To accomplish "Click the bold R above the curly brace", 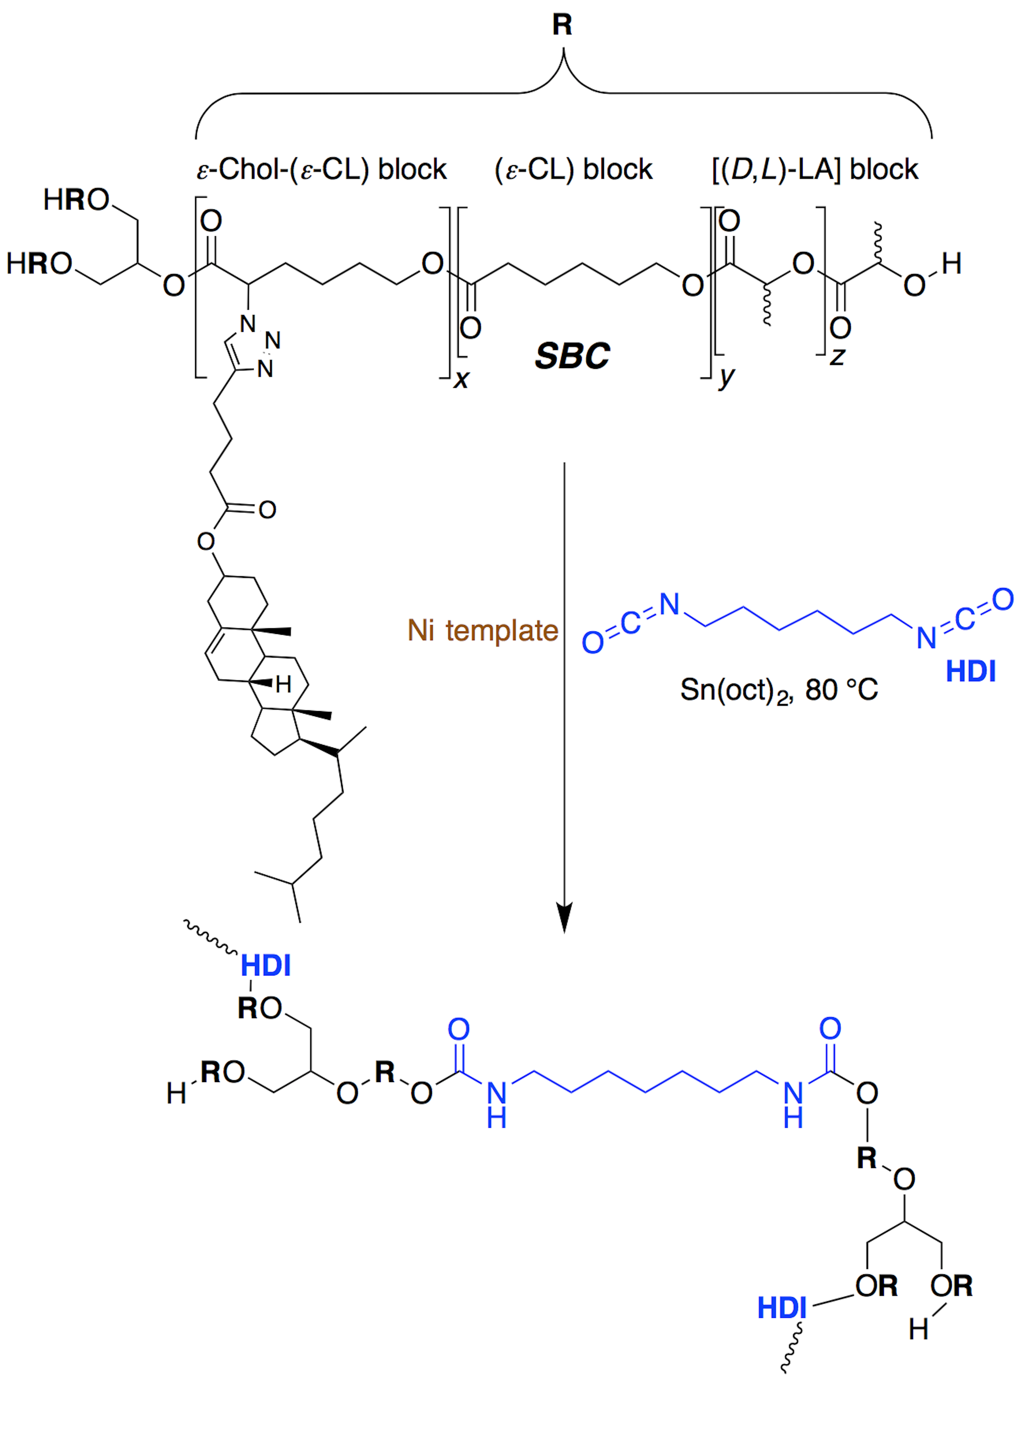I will coord(562,25).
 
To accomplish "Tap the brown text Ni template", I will coord(483,630).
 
